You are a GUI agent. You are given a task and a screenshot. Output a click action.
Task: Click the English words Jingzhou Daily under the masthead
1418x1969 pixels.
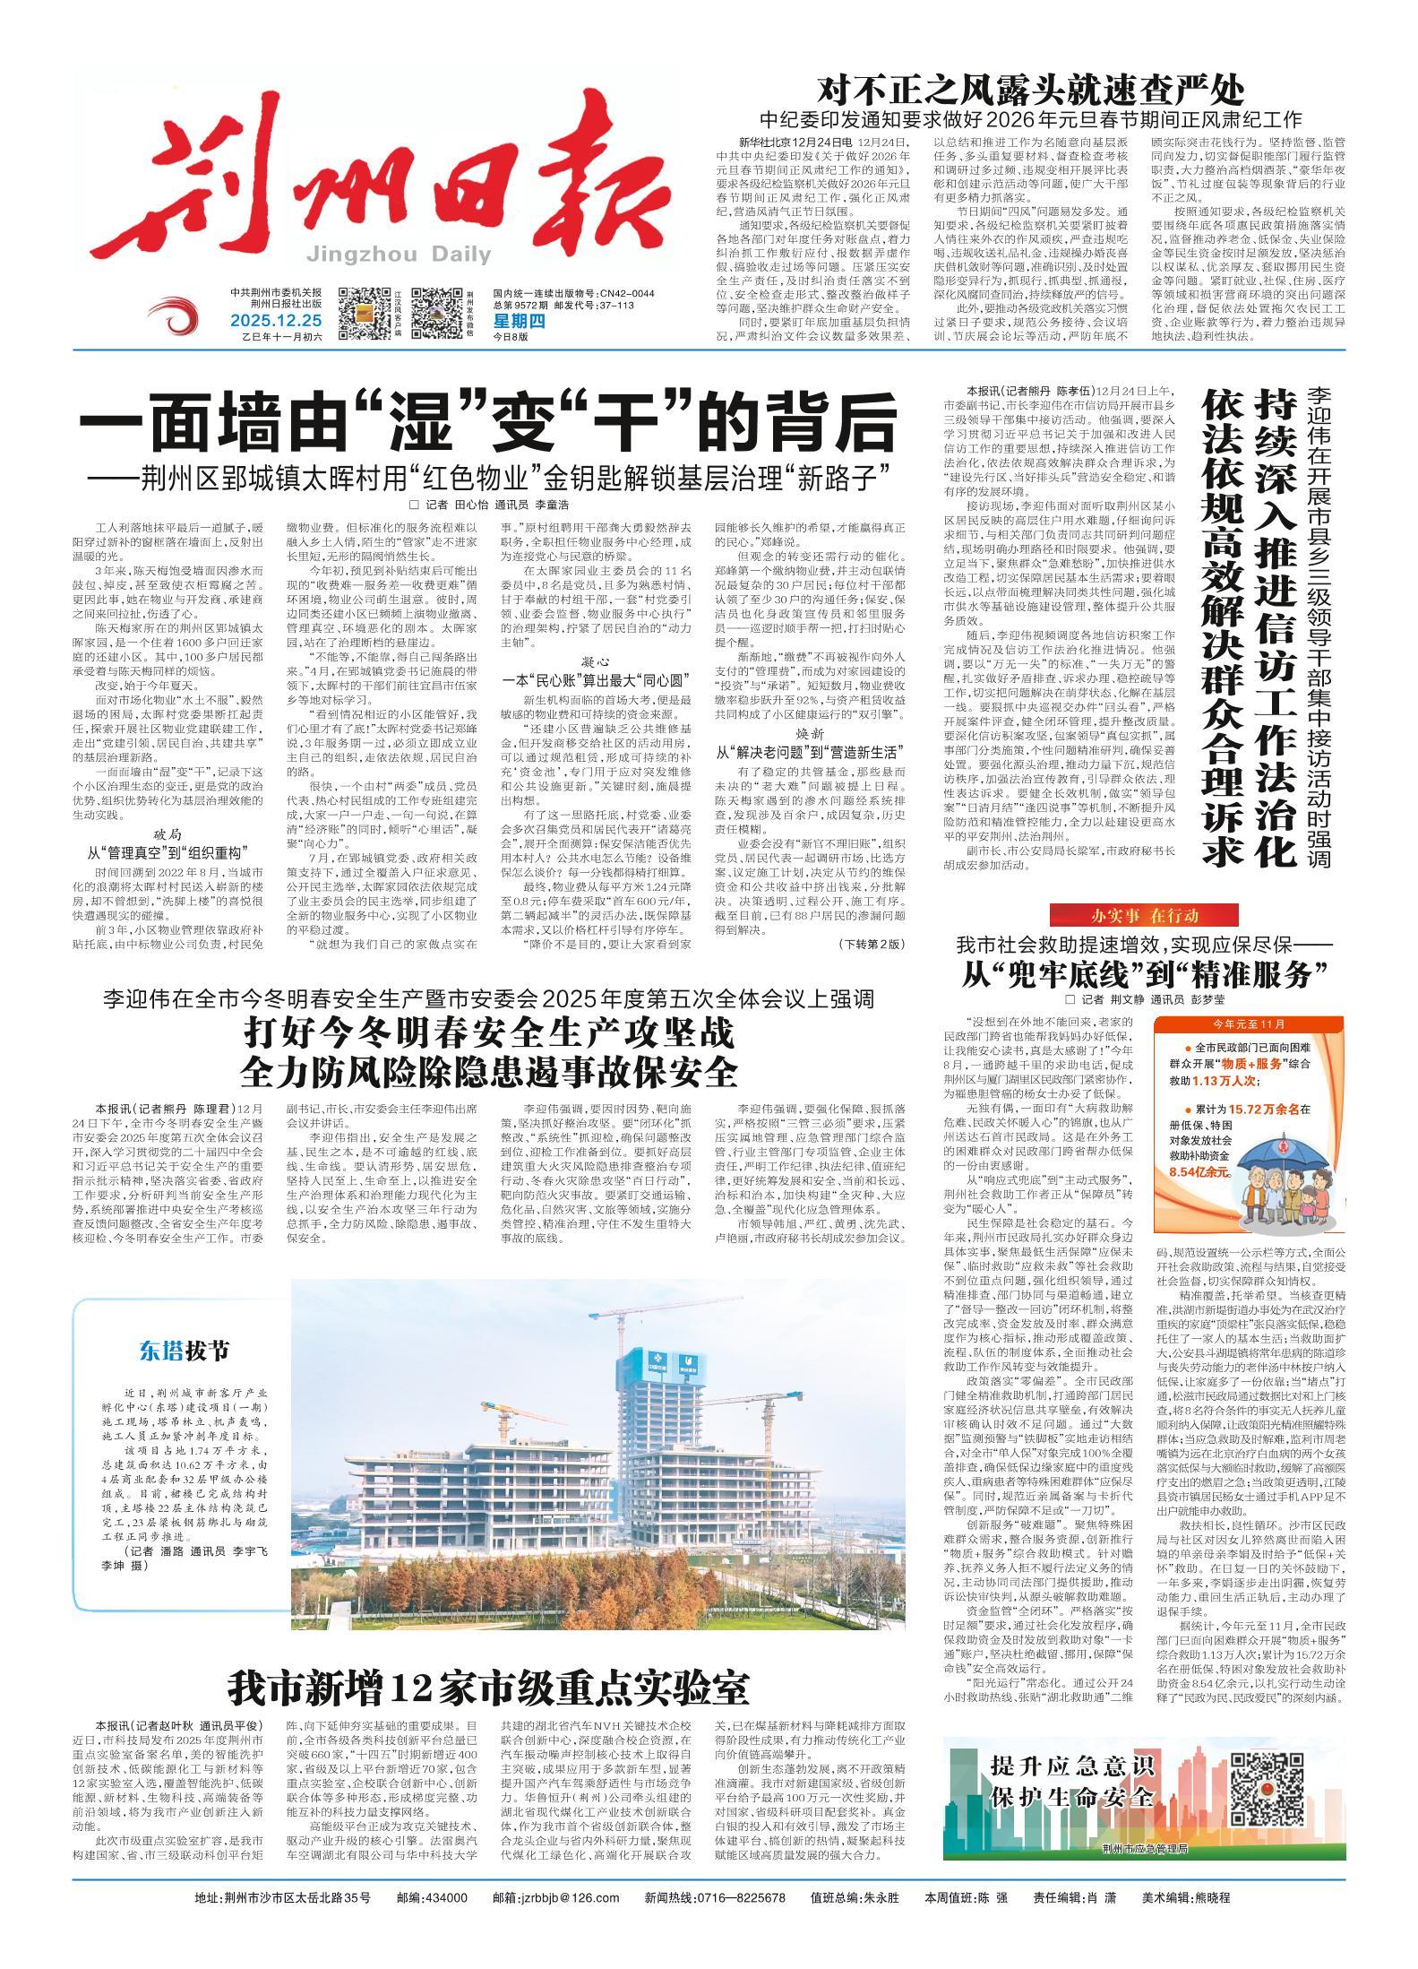coord(398,255)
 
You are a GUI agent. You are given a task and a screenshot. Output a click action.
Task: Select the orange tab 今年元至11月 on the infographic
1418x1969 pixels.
coord(1249,1023)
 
